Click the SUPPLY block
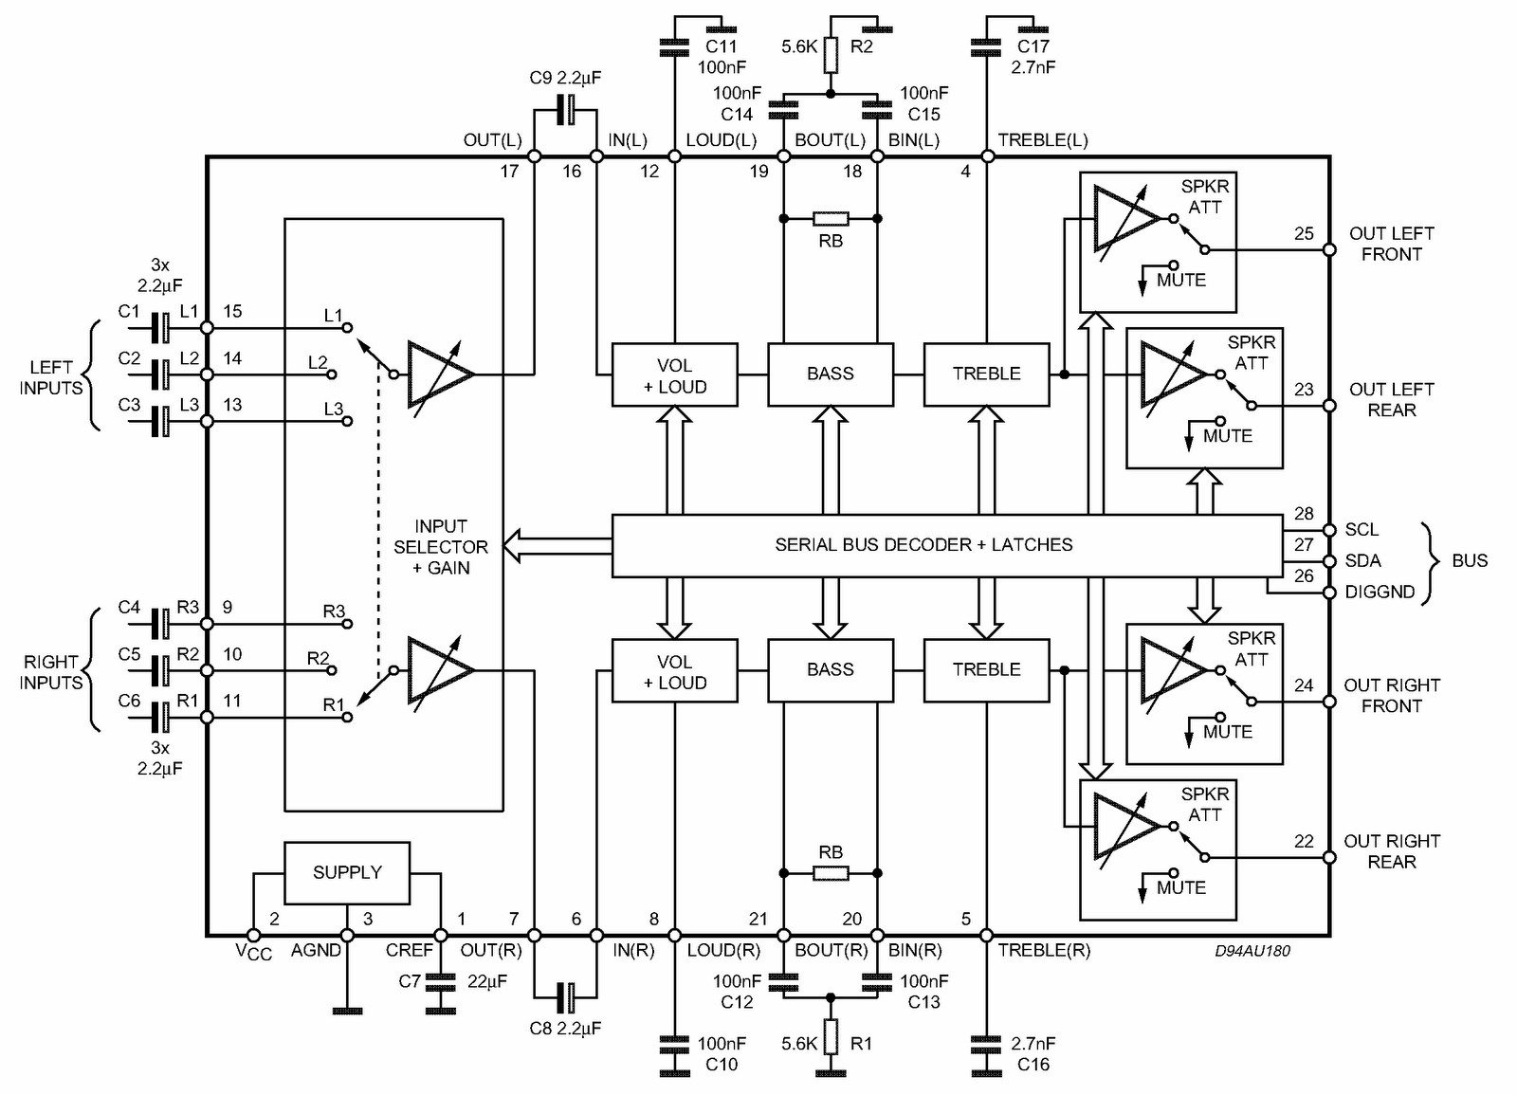coord(347,872)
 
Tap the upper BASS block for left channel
coord(830,374)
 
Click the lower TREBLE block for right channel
coord(986,669)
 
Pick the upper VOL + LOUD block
coord(674,374)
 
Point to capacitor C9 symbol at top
coord(566,110)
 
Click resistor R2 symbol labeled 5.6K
coord(831,55)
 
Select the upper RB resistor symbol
coord(831,219)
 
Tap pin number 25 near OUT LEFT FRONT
coord(1304,233)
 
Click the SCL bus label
coord(1362,530)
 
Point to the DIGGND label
coord(1380,593)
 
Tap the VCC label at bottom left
coord(253,952)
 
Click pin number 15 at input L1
coord(232,311)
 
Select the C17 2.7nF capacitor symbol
coord(986,45)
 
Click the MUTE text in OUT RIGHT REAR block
coord(1180,888)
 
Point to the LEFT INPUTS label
coord(51,377)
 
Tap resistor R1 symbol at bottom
coord(831,1037)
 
